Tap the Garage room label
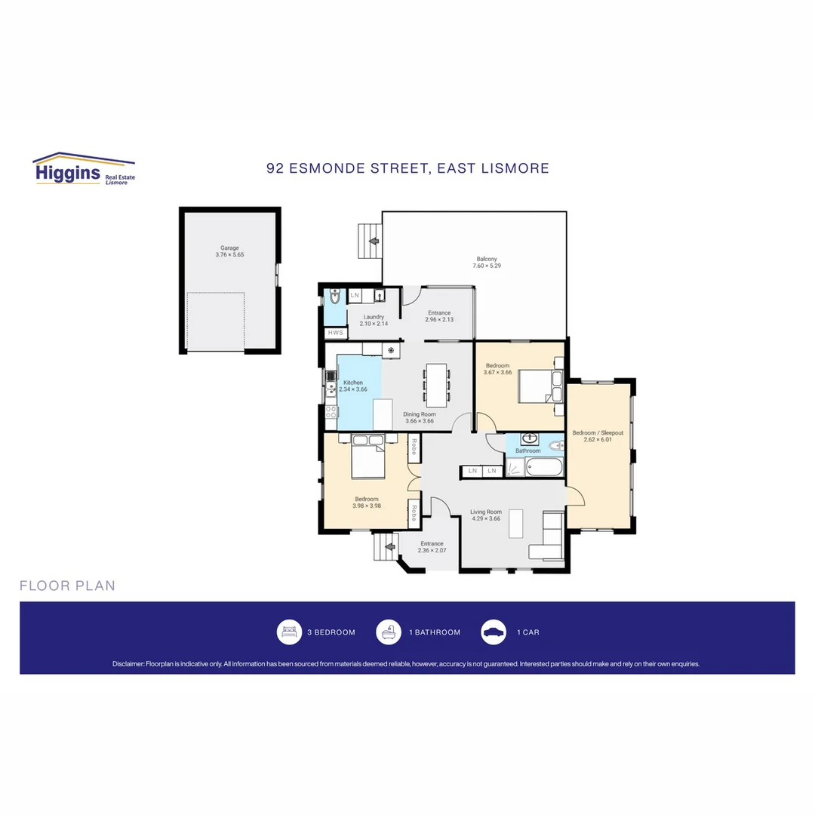tap(229, 248)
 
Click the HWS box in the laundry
tap(335, 333)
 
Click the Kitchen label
tap(352, 383)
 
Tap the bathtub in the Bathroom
tap(544, 468)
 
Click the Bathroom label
tap(527, 451)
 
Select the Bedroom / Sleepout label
tap(598, 433)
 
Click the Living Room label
tap(486, 512)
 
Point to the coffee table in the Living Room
tap(516, 523)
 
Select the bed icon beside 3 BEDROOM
tap(288, 632)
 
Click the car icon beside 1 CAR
tap(494, 632)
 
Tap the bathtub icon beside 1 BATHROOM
tap(389, 632)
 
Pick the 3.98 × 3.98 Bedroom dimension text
tap(366, 506)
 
